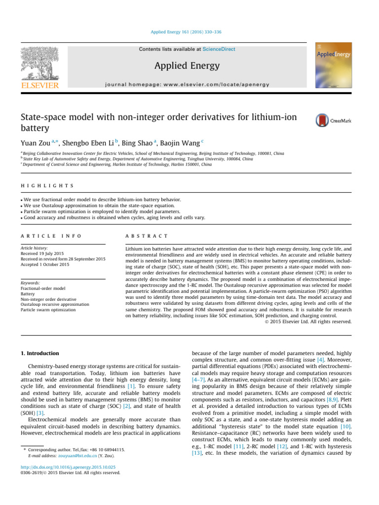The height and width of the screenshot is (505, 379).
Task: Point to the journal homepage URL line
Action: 187,85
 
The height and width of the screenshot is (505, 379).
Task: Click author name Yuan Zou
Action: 33,143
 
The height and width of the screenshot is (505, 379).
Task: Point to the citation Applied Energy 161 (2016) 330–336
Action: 186,32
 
